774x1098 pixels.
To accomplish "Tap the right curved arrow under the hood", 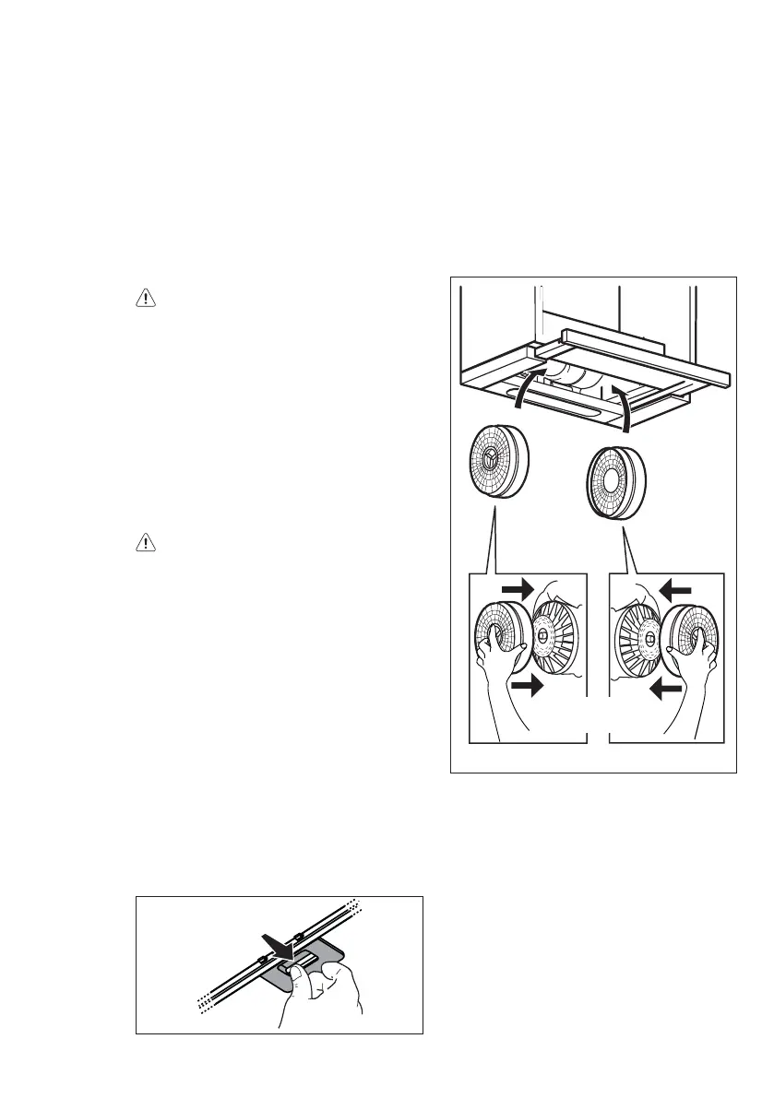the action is point(625,409).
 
